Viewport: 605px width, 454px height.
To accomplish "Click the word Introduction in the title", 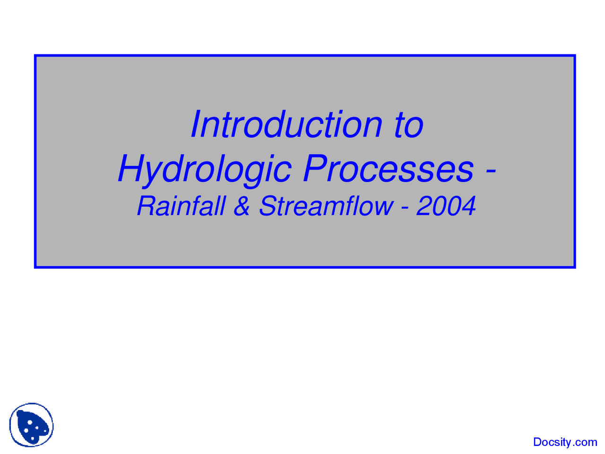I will (286, 124).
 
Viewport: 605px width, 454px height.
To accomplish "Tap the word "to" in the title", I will (408, 125).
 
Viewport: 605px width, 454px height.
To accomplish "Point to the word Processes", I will (388, 169).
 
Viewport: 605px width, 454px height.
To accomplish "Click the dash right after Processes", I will (491, 171).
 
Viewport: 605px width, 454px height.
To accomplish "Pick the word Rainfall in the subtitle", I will (181, 206).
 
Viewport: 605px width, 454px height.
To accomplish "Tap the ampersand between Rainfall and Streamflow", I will (242, 206).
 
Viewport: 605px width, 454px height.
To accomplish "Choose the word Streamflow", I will (326, 206).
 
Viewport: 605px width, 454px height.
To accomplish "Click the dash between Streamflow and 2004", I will (405, 208).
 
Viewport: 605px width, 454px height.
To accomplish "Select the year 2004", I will (446, 206).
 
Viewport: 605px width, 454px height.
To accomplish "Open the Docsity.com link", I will (565, 442).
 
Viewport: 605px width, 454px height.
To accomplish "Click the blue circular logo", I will (31, 425).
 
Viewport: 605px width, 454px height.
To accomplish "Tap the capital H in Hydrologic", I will (131, 169).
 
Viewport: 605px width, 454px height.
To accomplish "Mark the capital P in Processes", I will (314, 168).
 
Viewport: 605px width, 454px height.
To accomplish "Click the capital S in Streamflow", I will (268, 206).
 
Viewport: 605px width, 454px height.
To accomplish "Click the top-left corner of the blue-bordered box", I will (35, 56).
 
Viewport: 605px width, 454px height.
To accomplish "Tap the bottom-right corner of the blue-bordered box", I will (574, 267).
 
